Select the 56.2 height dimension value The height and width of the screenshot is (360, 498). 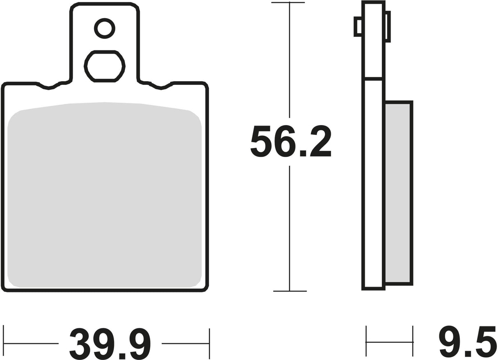tap(291, 141)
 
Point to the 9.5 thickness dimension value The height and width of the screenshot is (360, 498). tap(468, 343)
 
